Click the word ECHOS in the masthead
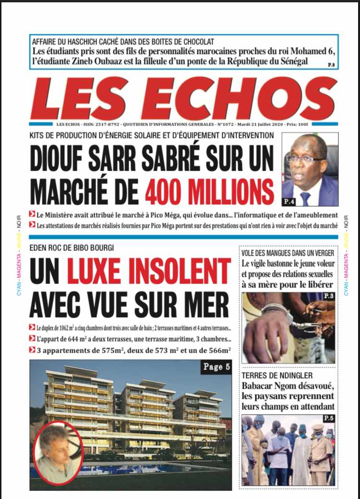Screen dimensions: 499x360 tap(245, 99)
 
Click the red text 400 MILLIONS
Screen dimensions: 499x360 tap(209, 192)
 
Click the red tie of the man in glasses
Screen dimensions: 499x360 tap(305, 198)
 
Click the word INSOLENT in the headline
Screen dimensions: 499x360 tap(149, 271)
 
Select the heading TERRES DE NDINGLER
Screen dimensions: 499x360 tap(277, 375)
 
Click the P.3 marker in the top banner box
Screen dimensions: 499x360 tap(331, 64)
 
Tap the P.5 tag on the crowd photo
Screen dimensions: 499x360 tap(329, 419)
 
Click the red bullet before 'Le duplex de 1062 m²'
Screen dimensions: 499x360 tap(32, 328)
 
